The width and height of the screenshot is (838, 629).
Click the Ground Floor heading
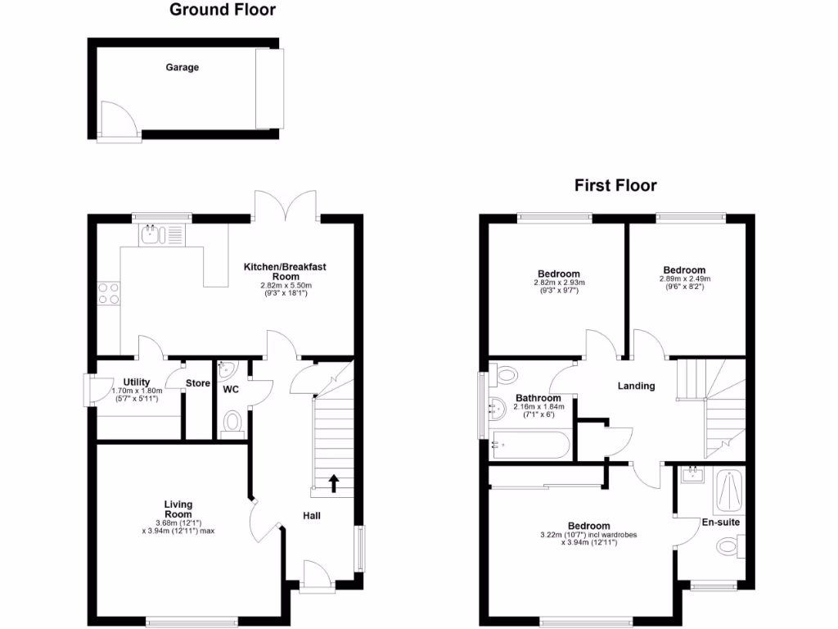click(222, 11)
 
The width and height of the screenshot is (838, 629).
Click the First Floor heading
click(615, 186)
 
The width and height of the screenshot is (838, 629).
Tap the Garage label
click(182, 68)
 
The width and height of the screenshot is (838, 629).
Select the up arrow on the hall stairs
click(334, 482)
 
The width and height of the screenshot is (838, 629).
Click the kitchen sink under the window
click(151, 236)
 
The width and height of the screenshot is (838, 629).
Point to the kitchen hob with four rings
click(108, 293)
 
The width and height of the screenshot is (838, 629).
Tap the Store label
click(197, 382)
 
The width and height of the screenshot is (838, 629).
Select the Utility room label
click(137, 382)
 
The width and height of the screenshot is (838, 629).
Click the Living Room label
click(178, 509)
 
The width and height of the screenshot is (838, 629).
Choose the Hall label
click(312, 516)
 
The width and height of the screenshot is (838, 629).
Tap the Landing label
click(636, 386)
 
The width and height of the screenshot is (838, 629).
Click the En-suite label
click(721, 521)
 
